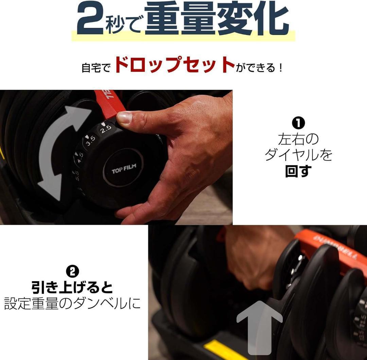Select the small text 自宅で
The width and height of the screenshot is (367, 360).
point(96,67)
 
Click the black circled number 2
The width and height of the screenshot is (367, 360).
point(72,271)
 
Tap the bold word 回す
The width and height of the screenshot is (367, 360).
point(298,171)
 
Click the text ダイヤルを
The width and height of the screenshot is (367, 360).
point(298,155)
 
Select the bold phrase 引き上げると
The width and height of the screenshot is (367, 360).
point(72,288)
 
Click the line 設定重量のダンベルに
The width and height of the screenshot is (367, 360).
point(72,303)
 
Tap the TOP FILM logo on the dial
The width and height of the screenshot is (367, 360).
point(124,169)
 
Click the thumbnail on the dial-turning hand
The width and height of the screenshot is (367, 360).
point(124,118)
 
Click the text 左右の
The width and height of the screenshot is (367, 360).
point(298,139)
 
